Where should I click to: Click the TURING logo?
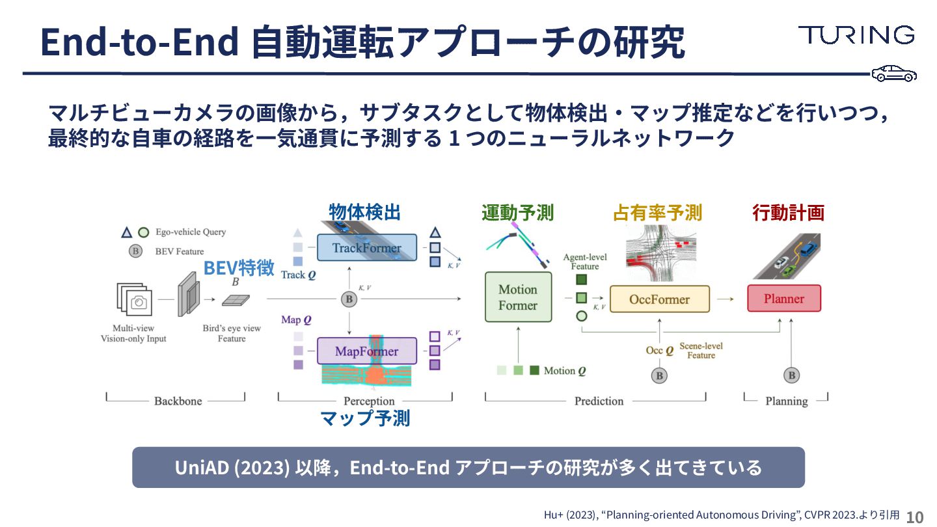tap(856, 35)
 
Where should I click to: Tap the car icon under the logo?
tap(894, 74)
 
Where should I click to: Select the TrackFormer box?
tap(367, 248)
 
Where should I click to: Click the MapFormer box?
tap(366, 351)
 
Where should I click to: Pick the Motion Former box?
tap(518, 297)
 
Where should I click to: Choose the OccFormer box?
tap(659, 299)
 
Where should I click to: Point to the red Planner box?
tap(783, 299)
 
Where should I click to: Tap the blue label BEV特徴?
tap(238, 268)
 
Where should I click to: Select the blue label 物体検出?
tap(364, 212)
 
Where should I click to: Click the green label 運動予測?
tap(517, 213)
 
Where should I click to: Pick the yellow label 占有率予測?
tap(657, 213)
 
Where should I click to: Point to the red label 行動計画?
tap(788, 213)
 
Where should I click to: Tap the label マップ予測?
tap(365, 418)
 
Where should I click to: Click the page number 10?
tap(914, 517)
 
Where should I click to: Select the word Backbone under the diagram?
tap(178, 401)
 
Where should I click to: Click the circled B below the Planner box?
tap(791, 375)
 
